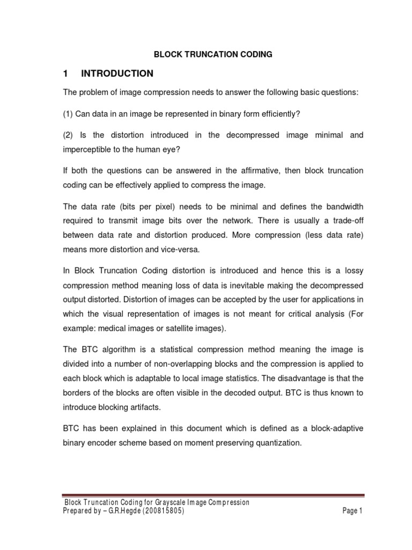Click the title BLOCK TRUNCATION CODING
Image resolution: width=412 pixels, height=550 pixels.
point(213,54)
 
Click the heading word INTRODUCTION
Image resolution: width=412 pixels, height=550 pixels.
point(117,74)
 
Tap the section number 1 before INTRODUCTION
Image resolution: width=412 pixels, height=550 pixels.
point(66,74)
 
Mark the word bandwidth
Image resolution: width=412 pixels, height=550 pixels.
point(342,206)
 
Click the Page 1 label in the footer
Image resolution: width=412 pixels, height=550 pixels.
point(352,511)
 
